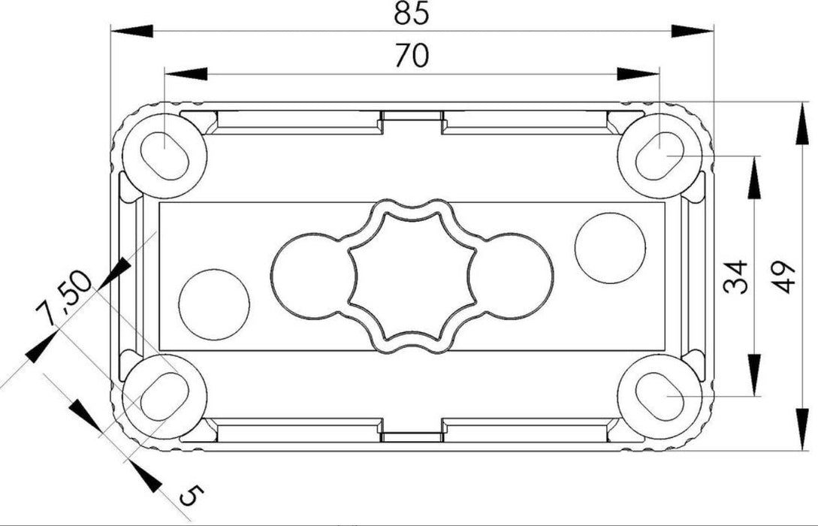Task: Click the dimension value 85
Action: [412, 14]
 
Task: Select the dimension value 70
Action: [412, 56]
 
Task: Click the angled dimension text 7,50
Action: [66, 298]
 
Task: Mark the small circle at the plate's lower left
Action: [214, 302]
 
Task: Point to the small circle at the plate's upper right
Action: [609, 248]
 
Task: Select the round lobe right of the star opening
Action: [518, 275]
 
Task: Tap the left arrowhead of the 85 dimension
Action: [131, 30]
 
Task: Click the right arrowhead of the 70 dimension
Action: [638, 74]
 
